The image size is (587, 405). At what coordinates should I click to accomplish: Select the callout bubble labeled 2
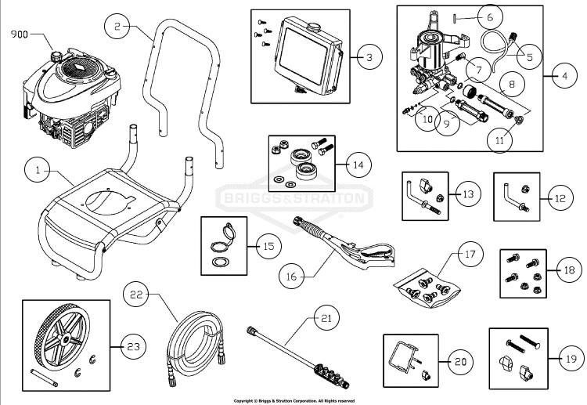(x=117, y=27)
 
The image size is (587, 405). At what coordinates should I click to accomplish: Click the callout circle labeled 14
(x=358, y=165)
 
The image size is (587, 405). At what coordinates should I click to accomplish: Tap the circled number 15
(x=268, y=246)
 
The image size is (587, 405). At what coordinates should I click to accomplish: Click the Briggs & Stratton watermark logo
(x=293, y=198)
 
